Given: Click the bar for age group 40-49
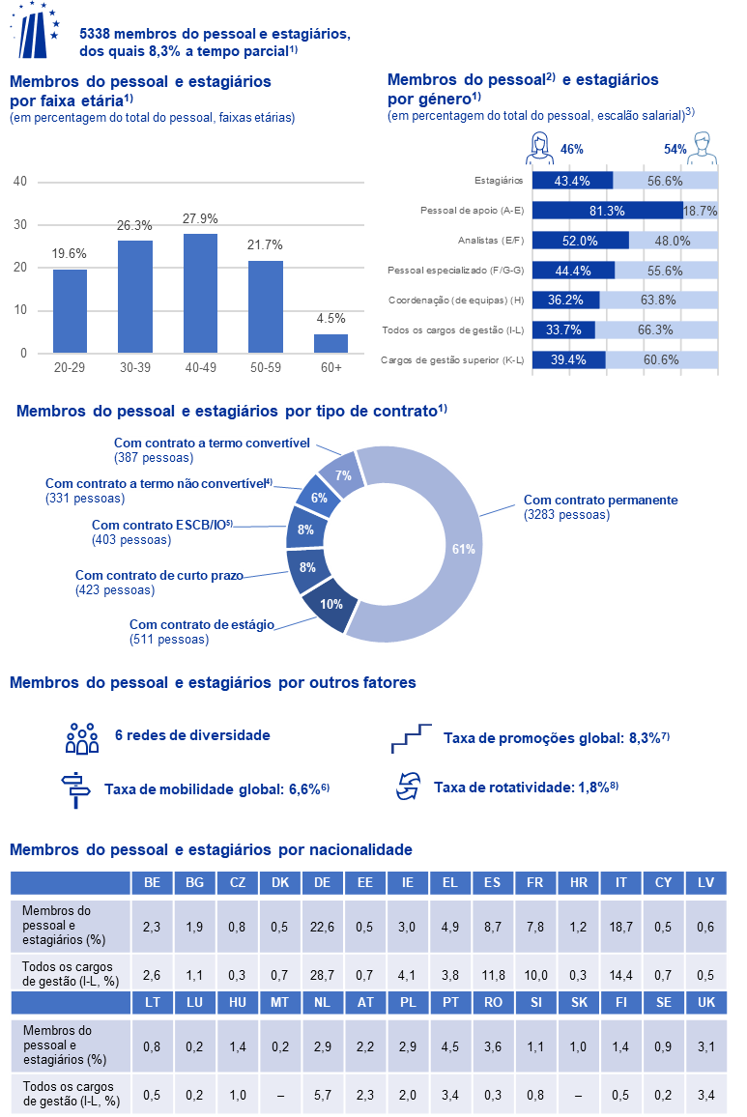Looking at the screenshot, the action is point(200,294).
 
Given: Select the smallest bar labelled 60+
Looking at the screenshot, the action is point(330,343).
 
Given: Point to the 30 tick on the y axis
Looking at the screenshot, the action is point(20,224).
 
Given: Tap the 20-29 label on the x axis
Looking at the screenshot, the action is point(70,367).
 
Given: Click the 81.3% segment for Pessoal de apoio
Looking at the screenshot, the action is point(607,210).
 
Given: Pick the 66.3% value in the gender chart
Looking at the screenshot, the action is point(655,329).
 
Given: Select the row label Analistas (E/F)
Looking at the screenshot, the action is point(490,240).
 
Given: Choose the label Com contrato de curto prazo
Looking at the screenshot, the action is point(158,575).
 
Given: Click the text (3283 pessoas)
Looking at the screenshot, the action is point(566,515).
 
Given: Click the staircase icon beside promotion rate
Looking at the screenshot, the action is point(412,738).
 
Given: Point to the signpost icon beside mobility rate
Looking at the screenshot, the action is point(75,789).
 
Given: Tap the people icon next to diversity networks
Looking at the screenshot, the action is point(82,738).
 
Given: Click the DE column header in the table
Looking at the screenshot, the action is point(322,882).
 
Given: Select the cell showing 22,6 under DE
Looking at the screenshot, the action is point(322,927).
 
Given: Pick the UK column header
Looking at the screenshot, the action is point(706,1002).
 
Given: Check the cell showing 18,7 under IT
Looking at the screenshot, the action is point(620,927).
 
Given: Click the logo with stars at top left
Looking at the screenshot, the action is point(35,30).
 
